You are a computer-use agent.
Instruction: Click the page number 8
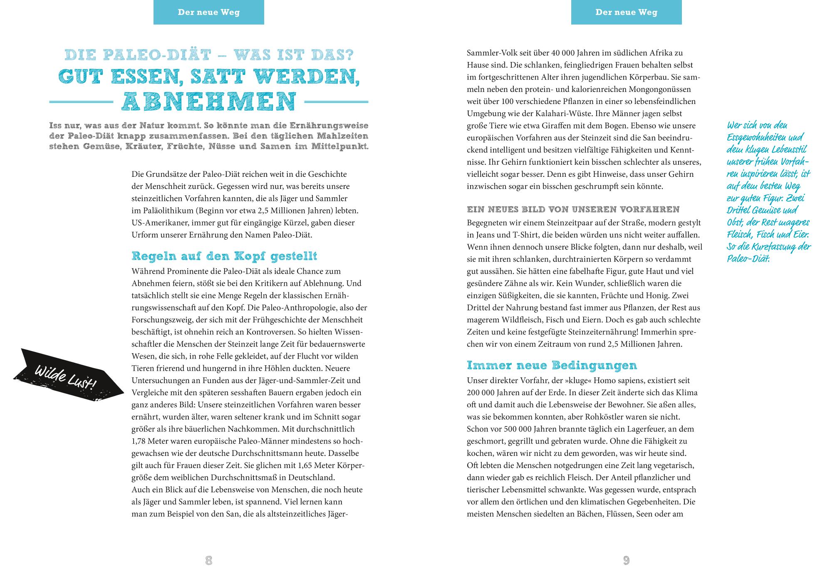pyautogui.click(x=209, y=560)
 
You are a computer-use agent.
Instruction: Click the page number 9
pyautogui.click(x=626, y=560)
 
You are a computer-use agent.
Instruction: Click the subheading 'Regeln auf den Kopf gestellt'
pyautogui.click(x=224, y=256)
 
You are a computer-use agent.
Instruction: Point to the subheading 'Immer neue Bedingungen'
pyautogui.click(x=552, y=365)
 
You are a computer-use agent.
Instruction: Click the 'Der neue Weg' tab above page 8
pyautogui.click(x=209, y=12)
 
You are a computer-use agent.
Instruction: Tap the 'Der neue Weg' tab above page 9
pyautogui.click(x=626, y=12)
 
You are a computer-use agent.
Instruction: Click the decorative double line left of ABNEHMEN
pyautogui.click(x=81, y=102)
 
